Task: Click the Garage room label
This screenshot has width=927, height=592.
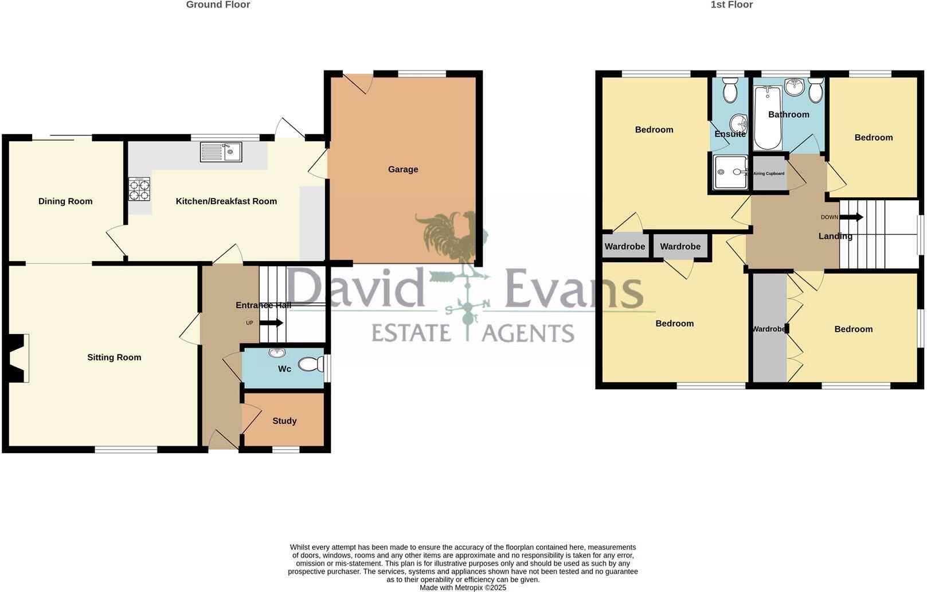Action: [x=402, y=169]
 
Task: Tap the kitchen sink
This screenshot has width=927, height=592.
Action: [x=221, y=152]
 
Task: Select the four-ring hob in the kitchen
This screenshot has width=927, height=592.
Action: [x=139, y=190]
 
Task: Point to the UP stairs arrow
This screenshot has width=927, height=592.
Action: [x=271, y=323]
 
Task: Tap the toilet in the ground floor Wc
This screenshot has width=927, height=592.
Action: [x=311, y=364]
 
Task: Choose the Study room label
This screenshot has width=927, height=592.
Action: [x=284, y=421]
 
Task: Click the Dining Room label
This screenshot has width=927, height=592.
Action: [x=65, y=201]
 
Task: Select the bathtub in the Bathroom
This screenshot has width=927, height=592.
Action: [x=767, y=118]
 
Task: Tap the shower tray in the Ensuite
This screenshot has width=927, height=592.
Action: [x=730, y=172]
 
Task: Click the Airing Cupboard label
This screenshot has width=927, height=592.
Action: [x=769, y=173]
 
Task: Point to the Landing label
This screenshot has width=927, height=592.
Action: [x=835, y=236]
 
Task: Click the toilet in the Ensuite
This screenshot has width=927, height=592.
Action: [x=730, y=90]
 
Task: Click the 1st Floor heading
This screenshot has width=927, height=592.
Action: [x=732, y=5]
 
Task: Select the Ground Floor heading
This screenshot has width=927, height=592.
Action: [x=218, y=5]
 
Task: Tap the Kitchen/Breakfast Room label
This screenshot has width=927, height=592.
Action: [x=226, y=201]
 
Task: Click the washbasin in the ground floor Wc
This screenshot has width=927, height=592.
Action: [x=277, y=352]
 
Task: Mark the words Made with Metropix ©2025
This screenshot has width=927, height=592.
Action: [x=463, y=587]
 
